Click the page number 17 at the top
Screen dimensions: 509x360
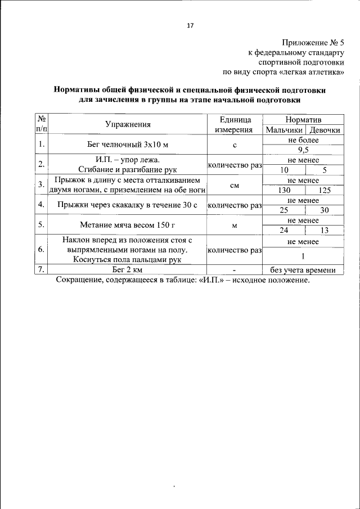(190, 25)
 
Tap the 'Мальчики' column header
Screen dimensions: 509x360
(283, 130)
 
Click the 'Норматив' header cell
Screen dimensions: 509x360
(303, 120)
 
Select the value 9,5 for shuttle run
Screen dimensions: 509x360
(303, 150)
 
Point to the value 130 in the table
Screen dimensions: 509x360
(284, 190)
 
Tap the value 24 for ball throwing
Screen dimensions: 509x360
(284, 230)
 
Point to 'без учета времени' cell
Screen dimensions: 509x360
(303, 270)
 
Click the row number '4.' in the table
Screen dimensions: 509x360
(41, 205)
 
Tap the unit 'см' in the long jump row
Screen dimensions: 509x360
(235, 184)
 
